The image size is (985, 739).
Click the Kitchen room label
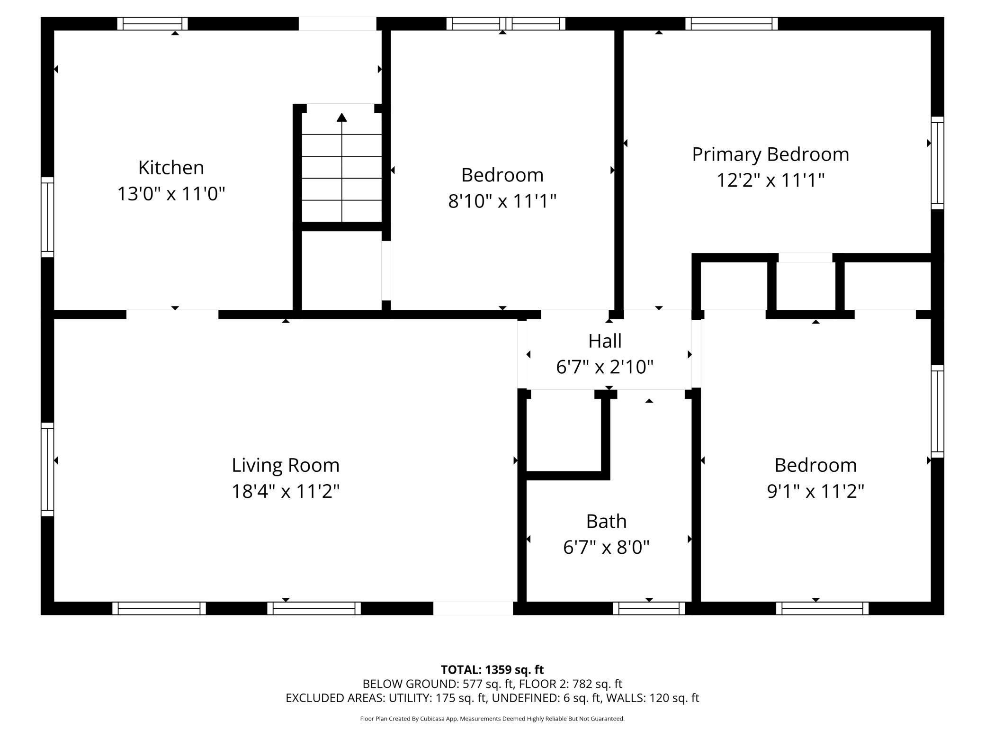point(171,168)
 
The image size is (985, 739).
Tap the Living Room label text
point(286,466)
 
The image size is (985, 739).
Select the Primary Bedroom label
point(770,155)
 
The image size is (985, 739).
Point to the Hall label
point(605,341)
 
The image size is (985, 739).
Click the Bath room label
point(606,521)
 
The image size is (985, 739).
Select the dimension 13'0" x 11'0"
point(171,194)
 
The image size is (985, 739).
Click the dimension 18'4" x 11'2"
point(286,491)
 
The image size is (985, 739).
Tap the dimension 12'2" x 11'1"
point(770,180)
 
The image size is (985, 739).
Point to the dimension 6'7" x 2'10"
point(605,367)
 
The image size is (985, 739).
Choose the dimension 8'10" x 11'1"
point(502,201)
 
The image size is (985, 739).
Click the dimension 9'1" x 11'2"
point(815,491)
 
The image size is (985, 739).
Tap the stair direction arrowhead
point(341,117)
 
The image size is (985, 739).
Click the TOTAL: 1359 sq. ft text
point(492,670)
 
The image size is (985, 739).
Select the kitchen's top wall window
point(152,24)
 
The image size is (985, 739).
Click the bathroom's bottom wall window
point(649,608)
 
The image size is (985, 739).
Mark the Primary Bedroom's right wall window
point(938,163)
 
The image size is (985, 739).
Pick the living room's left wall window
point(47,469)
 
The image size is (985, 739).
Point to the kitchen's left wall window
point(47,217)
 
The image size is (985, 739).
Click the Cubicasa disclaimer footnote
point(492,719)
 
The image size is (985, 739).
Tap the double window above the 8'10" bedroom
point(506,24)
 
